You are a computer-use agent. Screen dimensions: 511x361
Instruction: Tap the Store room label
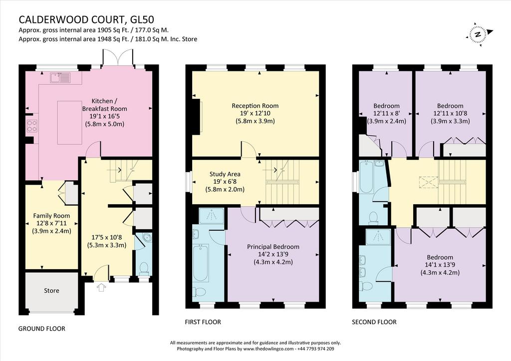point(51,291)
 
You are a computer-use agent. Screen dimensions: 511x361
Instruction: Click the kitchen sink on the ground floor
point(60,77)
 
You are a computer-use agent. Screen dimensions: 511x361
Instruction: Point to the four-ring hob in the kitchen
point(32,126)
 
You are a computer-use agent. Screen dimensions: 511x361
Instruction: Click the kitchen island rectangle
point(70,123)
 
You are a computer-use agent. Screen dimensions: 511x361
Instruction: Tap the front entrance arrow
point(102,287)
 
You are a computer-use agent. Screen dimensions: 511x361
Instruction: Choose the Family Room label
point(51,216)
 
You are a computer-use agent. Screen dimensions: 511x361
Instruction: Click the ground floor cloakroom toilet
point(144,269)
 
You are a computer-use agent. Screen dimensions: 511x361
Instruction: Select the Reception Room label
point(255,106)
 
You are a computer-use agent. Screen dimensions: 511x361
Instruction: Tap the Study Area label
point(225,174)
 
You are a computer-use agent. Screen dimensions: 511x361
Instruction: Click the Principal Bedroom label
point(273,247)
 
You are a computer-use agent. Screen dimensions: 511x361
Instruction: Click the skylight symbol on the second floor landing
point(429,182)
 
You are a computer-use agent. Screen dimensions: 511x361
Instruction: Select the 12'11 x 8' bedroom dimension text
point(387,113)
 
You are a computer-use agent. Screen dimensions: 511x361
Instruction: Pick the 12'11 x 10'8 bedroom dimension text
point(450,113)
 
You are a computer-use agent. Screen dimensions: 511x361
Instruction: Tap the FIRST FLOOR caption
point(203,322)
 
